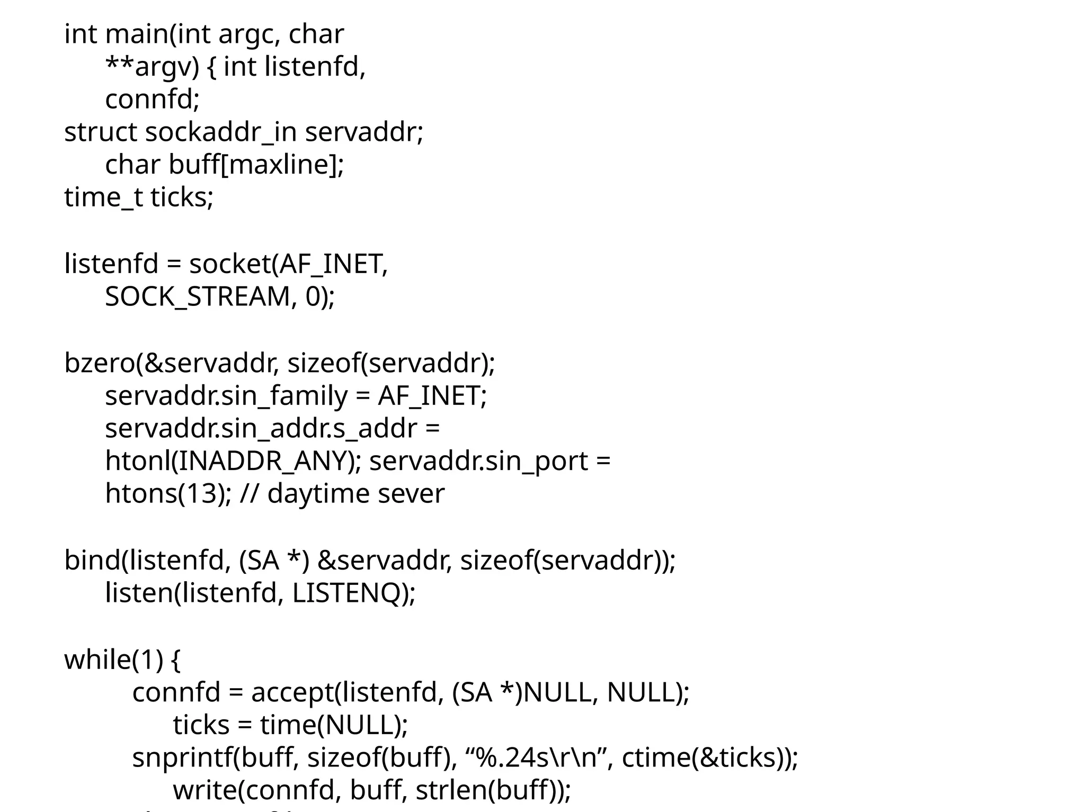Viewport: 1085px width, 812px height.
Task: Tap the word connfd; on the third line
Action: coord(152,100)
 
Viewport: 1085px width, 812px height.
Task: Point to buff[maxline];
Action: coord(256,165)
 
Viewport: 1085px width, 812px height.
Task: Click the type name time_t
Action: coord(103,198)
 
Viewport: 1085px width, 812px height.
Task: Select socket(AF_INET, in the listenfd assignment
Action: coord(289,264)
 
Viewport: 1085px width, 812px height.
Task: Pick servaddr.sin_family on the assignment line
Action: coord(226,396)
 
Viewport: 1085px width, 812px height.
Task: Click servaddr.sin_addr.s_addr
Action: coord(261,429)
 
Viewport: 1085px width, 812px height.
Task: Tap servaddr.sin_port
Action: coord(478,462)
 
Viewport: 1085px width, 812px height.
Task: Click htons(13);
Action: coord(168,494)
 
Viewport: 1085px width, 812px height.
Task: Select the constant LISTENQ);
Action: coord(353,593)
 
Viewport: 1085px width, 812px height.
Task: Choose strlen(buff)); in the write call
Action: coord(493,791)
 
